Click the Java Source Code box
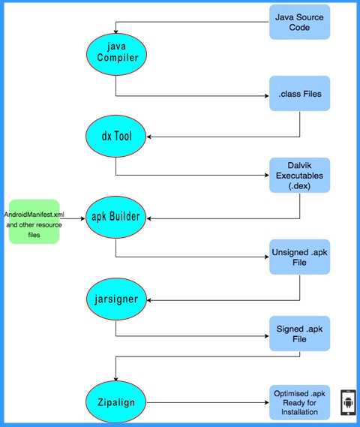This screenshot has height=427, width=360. click(x=299, y=22)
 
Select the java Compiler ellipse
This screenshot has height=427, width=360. click(x=116, y=55)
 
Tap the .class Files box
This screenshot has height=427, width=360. click(x=299, y=93)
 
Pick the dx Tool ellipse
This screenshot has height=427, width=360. click(x=116, y=136)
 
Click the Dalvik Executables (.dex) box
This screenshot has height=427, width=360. click(x=299, y=176)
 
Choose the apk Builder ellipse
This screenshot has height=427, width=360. click(x=116, y=218)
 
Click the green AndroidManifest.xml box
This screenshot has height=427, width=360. click(x=34, y=221)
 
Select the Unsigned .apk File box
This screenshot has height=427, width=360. click(x=299, y=257)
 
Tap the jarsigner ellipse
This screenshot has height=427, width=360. click(x=116, y=299)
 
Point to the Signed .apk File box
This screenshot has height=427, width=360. click(x=299, y=334)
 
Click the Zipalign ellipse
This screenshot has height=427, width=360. click(x=116, y=402)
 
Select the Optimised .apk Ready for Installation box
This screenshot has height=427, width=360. click(x=299, y=402)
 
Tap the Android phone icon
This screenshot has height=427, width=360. click(x=348, y=402)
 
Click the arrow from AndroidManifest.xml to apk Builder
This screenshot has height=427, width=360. click(x=72, y=218)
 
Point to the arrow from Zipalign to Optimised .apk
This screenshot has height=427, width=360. click(x=208, y=402)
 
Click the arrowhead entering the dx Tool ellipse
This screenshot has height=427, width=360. click(x=148, y=137)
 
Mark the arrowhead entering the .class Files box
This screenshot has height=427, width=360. click(x=267, y=96)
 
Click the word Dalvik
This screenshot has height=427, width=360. click(x=299, y=165)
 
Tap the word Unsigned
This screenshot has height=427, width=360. click(x=286, y=253)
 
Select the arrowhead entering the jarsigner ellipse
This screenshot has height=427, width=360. click(x=149, y=300)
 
